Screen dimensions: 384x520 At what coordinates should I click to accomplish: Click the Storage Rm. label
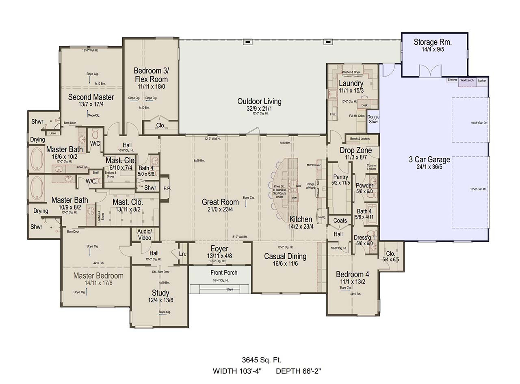tap(433, 42)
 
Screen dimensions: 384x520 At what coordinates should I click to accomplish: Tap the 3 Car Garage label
tap(429, 159)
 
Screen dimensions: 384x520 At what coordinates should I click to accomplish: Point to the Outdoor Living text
tap(259, 101)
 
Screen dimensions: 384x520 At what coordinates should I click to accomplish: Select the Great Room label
tap(221, 202)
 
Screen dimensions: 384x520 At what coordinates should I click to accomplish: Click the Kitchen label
tap(301, 219)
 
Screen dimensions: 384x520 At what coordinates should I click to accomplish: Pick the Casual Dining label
tap(285, 256)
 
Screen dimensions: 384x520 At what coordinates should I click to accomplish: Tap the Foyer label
tap(219, 249)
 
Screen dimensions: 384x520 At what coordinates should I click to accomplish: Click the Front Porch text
tap(224, 273)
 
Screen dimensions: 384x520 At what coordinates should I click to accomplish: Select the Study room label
tap(160, 293)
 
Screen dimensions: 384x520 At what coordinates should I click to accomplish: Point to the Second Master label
tap(91, 97)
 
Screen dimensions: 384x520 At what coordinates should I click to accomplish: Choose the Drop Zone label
tap(355, 151)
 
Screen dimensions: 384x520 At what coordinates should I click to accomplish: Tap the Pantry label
tap(340, 177)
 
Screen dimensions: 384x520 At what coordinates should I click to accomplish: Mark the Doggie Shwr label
tap(373, 119)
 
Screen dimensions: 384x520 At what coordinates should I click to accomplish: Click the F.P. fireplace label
tap(167, 189)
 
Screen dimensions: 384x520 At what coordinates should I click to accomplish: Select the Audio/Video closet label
tap(145, 235)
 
